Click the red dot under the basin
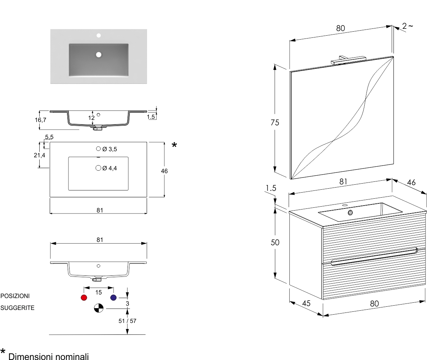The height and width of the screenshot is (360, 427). [x=84, y=298]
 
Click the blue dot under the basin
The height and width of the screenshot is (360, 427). [x=114, y=298]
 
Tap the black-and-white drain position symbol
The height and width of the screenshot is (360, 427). [x=98, y=308]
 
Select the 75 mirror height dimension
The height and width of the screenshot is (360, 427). [x=275, y=122]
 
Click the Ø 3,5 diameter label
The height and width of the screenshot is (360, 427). [x=110, y=149]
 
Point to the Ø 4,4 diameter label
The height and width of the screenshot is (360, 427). [x=110, y=168]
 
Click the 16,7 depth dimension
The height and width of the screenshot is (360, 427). [x=41, y=120]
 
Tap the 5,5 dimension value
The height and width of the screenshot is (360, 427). [x=49, y=137]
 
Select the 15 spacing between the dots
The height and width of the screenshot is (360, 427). [x=98, y=293]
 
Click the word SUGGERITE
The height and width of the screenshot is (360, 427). [x=17, y=308]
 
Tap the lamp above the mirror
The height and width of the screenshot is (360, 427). [x=348, y=59]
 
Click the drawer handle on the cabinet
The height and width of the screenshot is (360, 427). [x=373, y=256]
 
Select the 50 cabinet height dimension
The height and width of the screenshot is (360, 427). [x=275, y=243]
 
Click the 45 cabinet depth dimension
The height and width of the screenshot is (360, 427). [x=306, y=303]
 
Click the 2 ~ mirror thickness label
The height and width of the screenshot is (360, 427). [x=408, y=26]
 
